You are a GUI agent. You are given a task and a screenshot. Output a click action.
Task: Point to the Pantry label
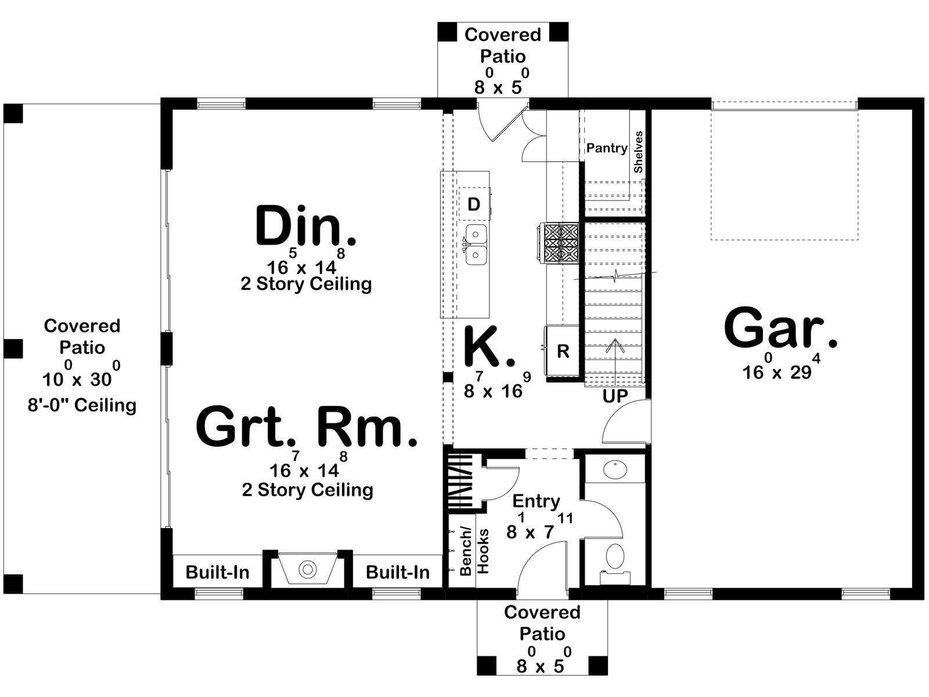click(607, 148)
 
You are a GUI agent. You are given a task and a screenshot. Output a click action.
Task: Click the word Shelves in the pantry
click(638, 152)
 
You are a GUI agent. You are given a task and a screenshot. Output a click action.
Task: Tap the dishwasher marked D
click(474, 204)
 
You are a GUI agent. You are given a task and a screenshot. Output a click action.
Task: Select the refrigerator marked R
click(563, 351)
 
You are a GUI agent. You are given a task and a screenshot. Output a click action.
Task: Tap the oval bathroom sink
click(615, 470)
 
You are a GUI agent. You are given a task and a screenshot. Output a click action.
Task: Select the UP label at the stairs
click(615, 397)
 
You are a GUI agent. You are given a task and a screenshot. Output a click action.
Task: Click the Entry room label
click(536, 501)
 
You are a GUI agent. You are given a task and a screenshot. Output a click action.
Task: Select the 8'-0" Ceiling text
click(82, 405)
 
